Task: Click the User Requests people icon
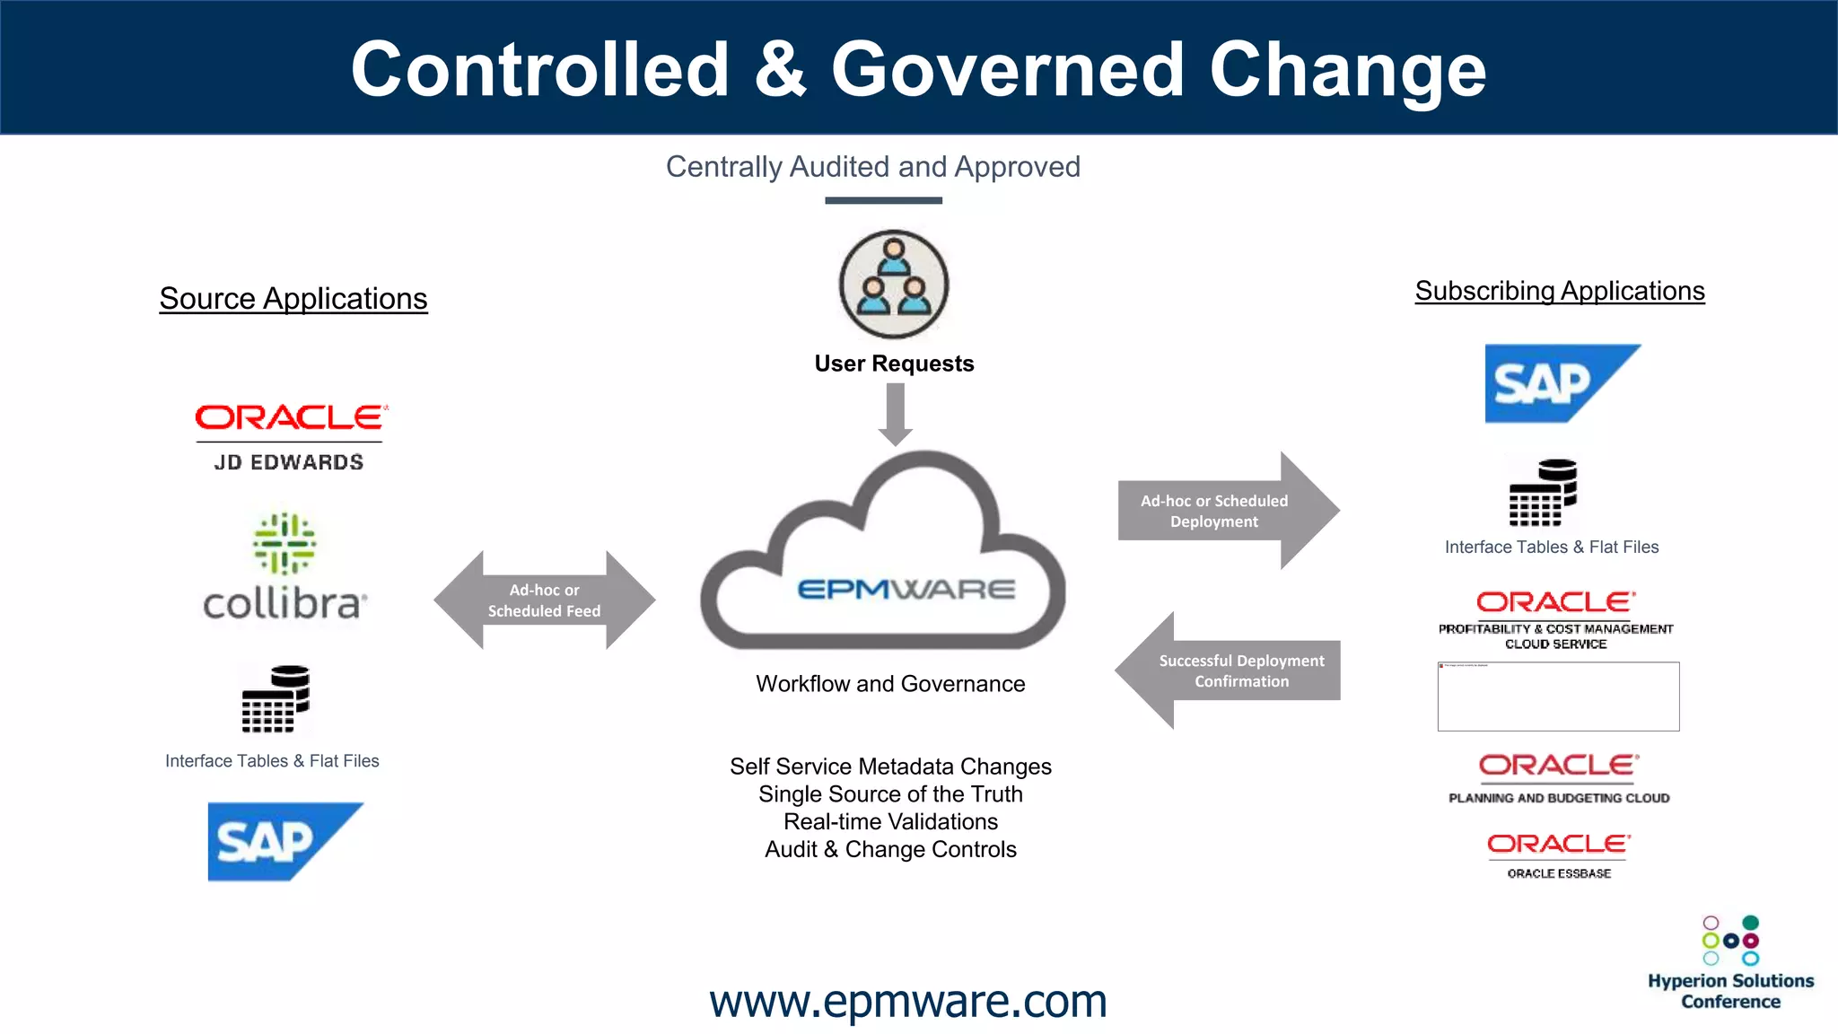point(893,284)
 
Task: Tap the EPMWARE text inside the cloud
point(906,590)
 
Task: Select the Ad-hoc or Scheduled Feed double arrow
point(544,600)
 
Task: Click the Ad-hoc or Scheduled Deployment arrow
point(1225,511)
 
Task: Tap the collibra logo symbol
point(284,543)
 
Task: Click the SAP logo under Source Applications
point(284,841)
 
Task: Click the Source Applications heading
point(293,299)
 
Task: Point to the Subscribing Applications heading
point(1559,291)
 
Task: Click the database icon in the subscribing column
point(1543,493)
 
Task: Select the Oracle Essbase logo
point(1559,855)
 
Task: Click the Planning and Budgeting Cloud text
point(1559,798)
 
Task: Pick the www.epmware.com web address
point(907,1001)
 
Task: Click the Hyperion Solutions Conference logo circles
point(1730,940)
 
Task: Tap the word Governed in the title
point(1007,70)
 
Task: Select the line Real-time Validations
point(890,821)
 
